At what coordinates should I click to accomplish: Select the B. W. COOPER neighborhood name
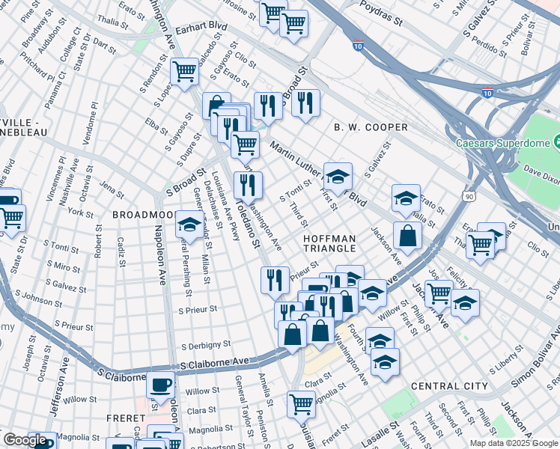(x=371, y=127)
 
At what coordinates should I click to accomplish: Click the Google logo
(x=24, y=441)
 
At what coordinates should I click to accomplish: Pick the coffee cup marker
(x=160, y=385)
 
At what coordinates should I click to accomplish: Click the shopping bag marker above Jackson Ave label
(x=407, y=236)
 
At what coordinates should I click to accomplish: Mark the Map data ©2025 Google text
(x=513, y=443)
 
